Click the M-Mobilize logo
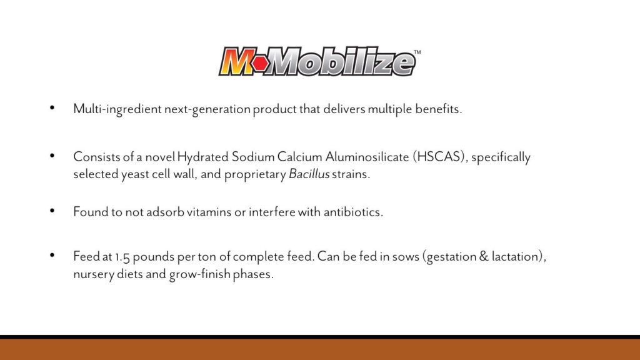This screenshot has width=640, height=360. pos(319,62)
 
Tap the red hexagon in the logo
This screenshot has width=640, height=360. pos(261,63)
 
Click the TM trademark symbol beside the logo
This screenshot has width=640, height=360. pos(417,52)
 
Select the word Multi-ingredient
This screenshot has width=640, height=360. pos(117,109)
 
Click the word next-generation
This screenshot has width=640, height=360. pos(207,109)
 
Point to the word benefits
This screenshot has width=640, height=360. pos(439,109)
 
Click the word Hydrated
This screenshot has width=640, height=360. pos(203,157)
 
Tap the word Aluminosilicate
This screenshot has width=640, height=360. pos(367,157)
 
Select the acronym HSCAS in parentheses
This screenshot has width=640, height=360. pos(439,157)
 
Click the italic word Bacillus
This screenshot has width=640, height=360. pos(309,174)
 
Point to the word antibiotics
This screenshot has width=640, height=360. pos(354,212)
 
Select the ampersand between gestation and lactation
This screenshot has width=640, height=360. pos(484,256)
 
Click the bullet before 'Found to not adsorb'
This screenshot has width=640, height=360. pos(52,211)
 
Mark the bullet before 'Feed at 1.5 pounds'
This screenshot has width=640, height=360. pos(52,256)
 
